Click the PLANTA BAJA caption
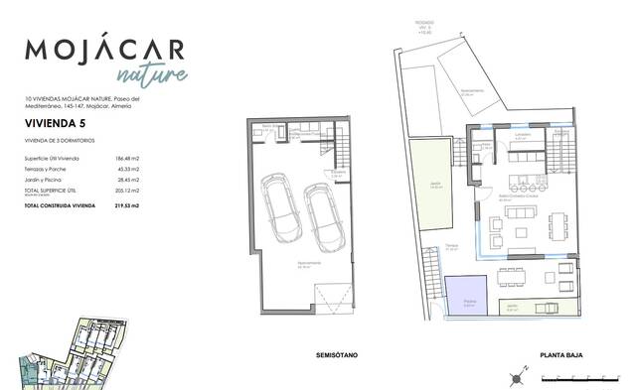559,354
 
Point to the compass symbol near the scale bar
518,377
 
